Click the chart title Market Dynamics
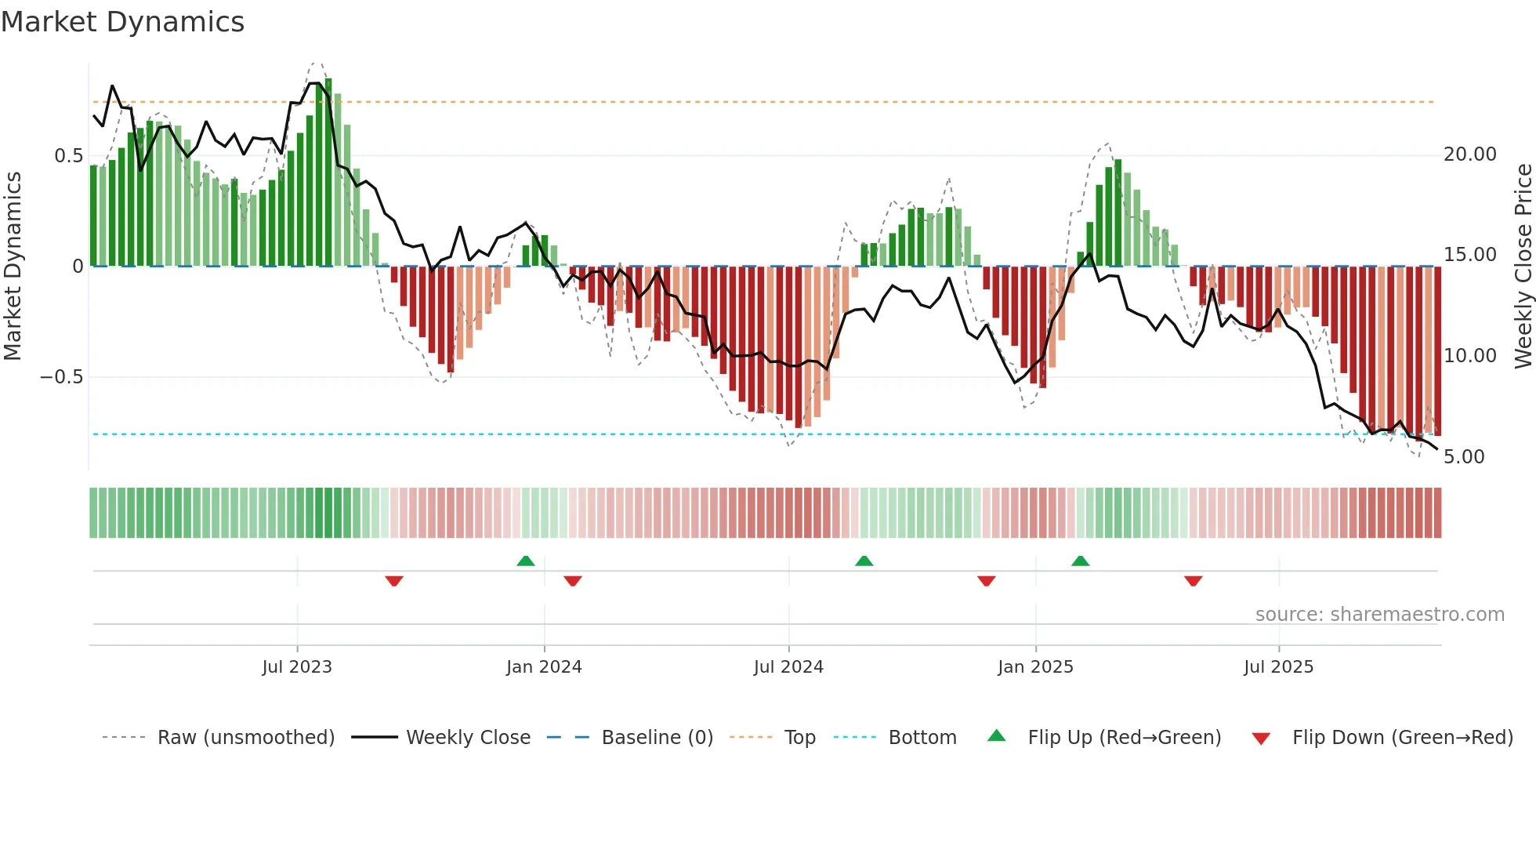(x=122, y=22)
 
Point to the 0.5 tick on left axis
(x=68, y=156)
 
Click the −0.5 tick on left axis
(x=62, y=377)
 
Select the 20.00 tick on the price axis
(x=1469, y=154)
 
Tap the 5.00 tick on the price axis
(x=1463, y=457)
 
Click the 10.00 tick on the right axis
(x=1469, y=356)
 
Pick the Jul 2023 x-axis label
(x=297, y=667)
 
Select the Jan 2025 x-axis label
(x=1035, y=667)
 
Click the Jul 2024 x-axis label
(x=788, y=667)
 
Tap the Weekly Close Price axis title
(x=1523, y=267)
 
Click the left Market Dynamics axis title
(x=13, y=267)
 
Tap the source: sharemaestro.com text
(x=1379, y=615)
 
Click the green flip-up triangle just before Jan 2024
(x=526, y=561)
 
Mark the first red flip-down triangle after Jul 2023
(x=394, y=581)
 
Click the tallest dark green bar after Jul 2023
(x=328, y=172)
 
